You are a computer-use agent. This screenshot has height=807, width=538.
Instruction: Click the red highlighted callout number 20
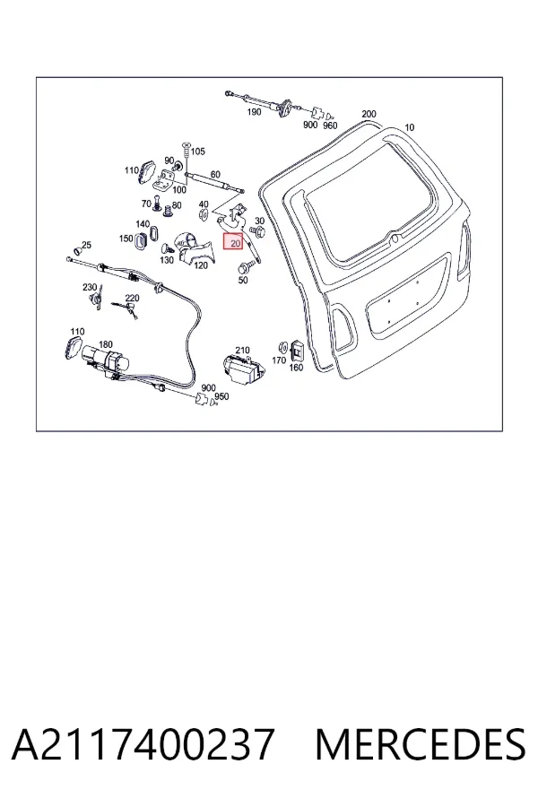pyautogui.click(x=233, y=242)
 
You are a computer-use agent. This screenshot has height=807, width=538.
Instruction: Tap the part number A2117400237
pyautogui.click(x=143, y=743)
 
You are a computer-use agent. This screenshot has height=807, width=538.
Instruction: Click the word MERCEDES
pyautogui.click(x=421, y=743)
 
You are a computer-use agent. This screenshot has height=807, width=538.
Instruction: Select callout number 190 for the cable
pyautogui.click(x=254, y=112)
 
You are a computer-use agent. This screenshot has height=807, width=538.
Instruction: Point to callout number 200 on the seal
pyautogui.click(x=369, y=114)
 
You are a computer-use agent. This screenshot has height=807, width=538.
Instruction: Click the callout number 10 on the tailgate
pyautogui.click(x=409, y=127)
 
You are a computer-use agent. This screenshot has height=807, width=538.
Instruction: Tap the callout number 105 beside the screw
pyautogui.click(x=197, y=152)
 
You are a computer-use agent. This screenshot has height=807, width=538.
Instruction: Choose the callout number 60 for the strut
pyautogui.click(x=215, y=175)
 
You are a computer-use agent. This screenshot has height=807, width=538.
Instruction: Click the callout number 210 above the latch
pyautogui.click(x=242, y=350)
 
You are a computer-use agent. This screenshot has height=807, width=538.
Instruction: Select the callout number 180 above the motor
pyautogui.click(x=105, y=344)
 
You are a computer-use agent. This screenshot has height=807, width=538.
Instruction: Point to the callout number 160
pyautogui.click(x=296, y=368)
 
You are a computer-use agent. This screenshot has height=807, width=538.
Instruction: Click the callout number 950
pyautogui.click(x=221, y=396)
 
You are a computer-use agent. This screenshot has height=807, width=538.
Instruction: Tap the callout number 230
pyautogui.click(x=90, y=287)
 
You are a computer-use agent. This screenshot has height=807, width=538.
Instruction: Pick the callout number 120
pyautogui.click(x=201, y=265)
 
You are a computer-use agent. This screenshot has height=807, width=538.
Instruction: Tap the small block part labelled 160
pyautogui.click(x=297, y=351)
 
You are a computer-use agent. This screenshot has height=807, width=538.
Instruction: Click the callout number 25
pyautogui.click(x=86, y=245)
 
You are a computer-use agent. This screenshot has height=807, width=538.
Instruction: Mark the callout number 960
pyautogui.click(x=330, y=125)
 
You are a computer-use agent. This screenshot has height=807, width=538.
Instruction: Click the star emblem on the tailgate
pyautogui.click(x=393, y=239)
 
